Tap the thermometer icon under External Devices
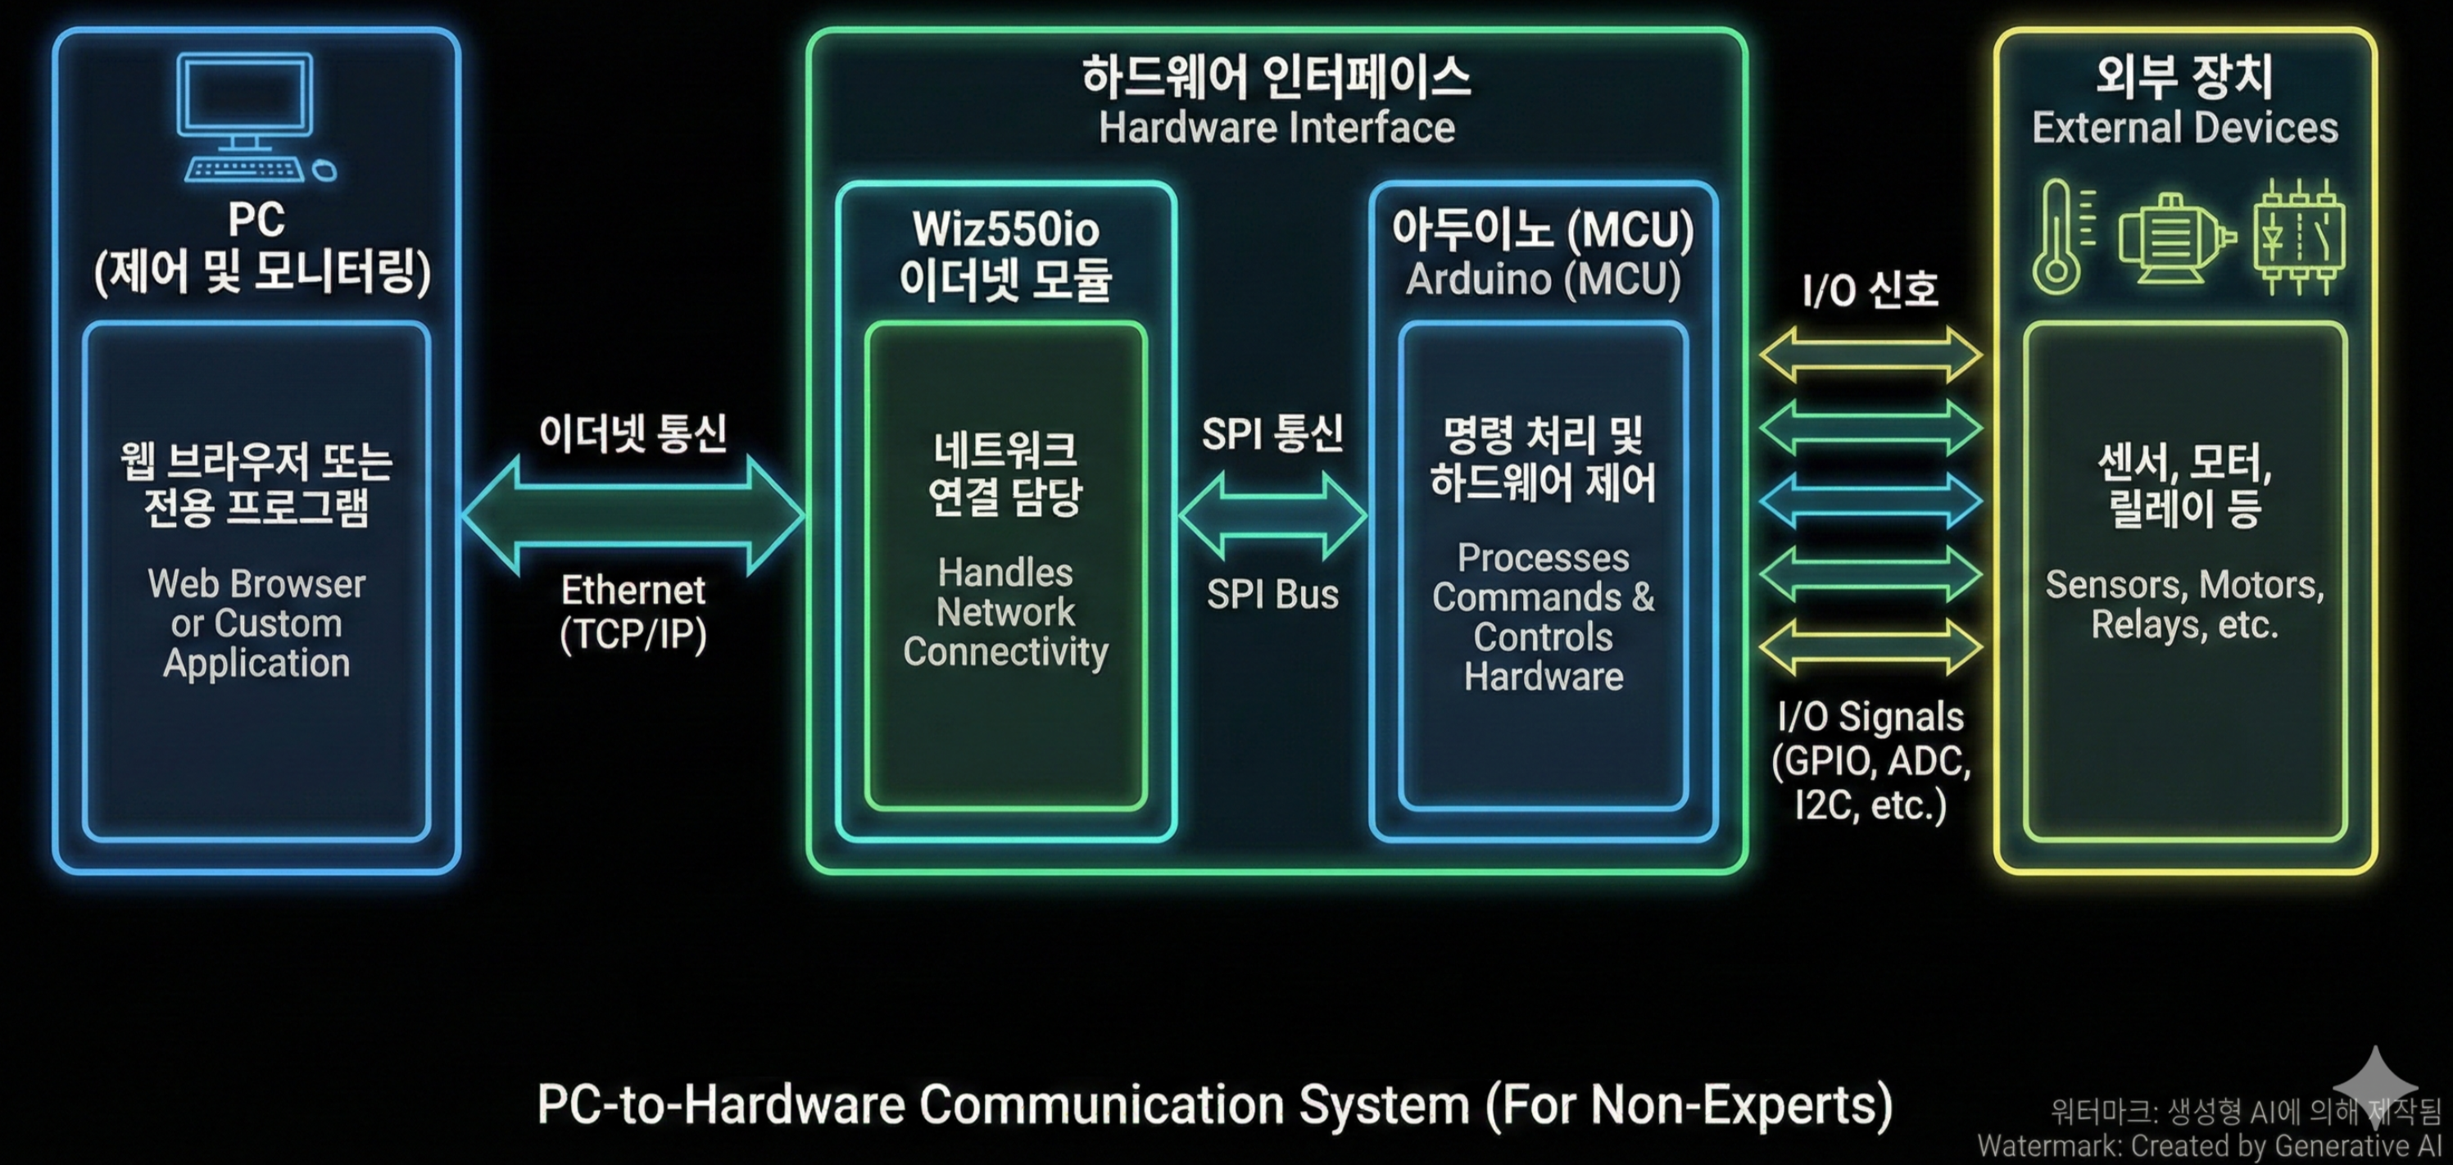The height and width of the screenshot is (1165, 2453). point(2056,236)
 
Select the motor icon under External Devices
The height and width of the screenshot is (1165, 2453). point(2175,238)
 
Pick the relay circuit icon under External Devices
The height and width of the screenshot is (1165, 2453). point(2299,236)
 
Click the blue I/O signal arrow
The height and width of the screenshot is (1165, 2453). point(1870,501)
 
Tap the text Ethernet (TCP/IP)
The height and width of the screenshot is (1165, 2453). point(633,611)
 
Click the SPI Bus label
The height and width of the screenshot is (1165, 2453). point(1272,595)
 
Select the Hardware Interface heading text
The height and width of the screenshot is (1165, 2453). point(1276,128)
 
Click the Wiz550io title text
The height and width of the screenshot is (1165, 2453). point(1005,229)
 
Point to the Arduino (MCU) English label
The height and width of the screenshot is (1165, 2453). point(1543,279)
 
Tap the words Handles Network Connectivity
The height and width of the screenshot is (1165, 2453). point(1005,611)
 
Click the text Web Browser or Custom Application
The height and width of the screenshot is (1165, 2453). point(256,623)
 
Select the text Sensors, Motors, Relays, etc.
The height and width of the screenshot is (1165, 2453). point(2184,604)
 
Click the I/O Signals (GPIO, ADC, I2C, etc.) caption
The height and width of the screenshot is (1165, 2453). point(1870,760)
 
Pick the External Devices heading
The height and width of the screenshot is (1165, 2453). point(2184,128)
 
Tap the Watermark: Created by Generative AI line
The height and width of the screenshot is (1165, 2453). point(2209,1146)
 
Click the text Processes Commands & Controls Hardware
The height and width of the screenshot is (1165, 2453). point(1543,616)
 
